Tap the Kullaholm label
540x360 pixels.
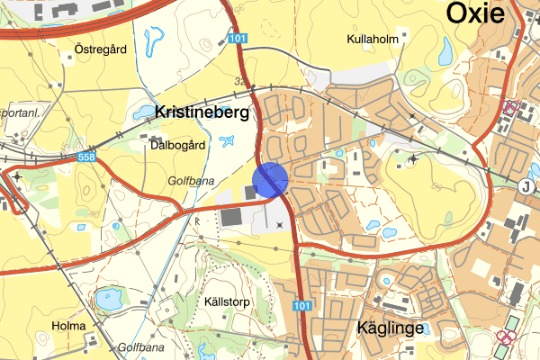tap(372, 40)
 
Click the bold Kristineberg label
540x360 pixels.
tap(206, 113)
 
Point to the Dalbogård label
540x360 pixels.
tap(178, 144)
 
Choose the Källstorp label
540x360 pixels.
tap(225, 301)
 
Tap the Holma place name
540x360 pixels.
tap(69, 326)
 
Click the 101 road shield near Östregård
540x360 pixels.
tap(237, 39)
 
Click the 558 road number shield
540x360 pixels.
tap(86, 157)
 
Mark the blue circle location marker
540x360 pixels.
tap(270, 179)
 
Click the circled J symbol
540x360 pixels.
tap(526, 186)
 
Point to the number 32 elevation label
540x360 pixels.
tap(240, 80)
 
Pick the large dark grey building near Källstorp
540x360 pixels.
tap(230, 216)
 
